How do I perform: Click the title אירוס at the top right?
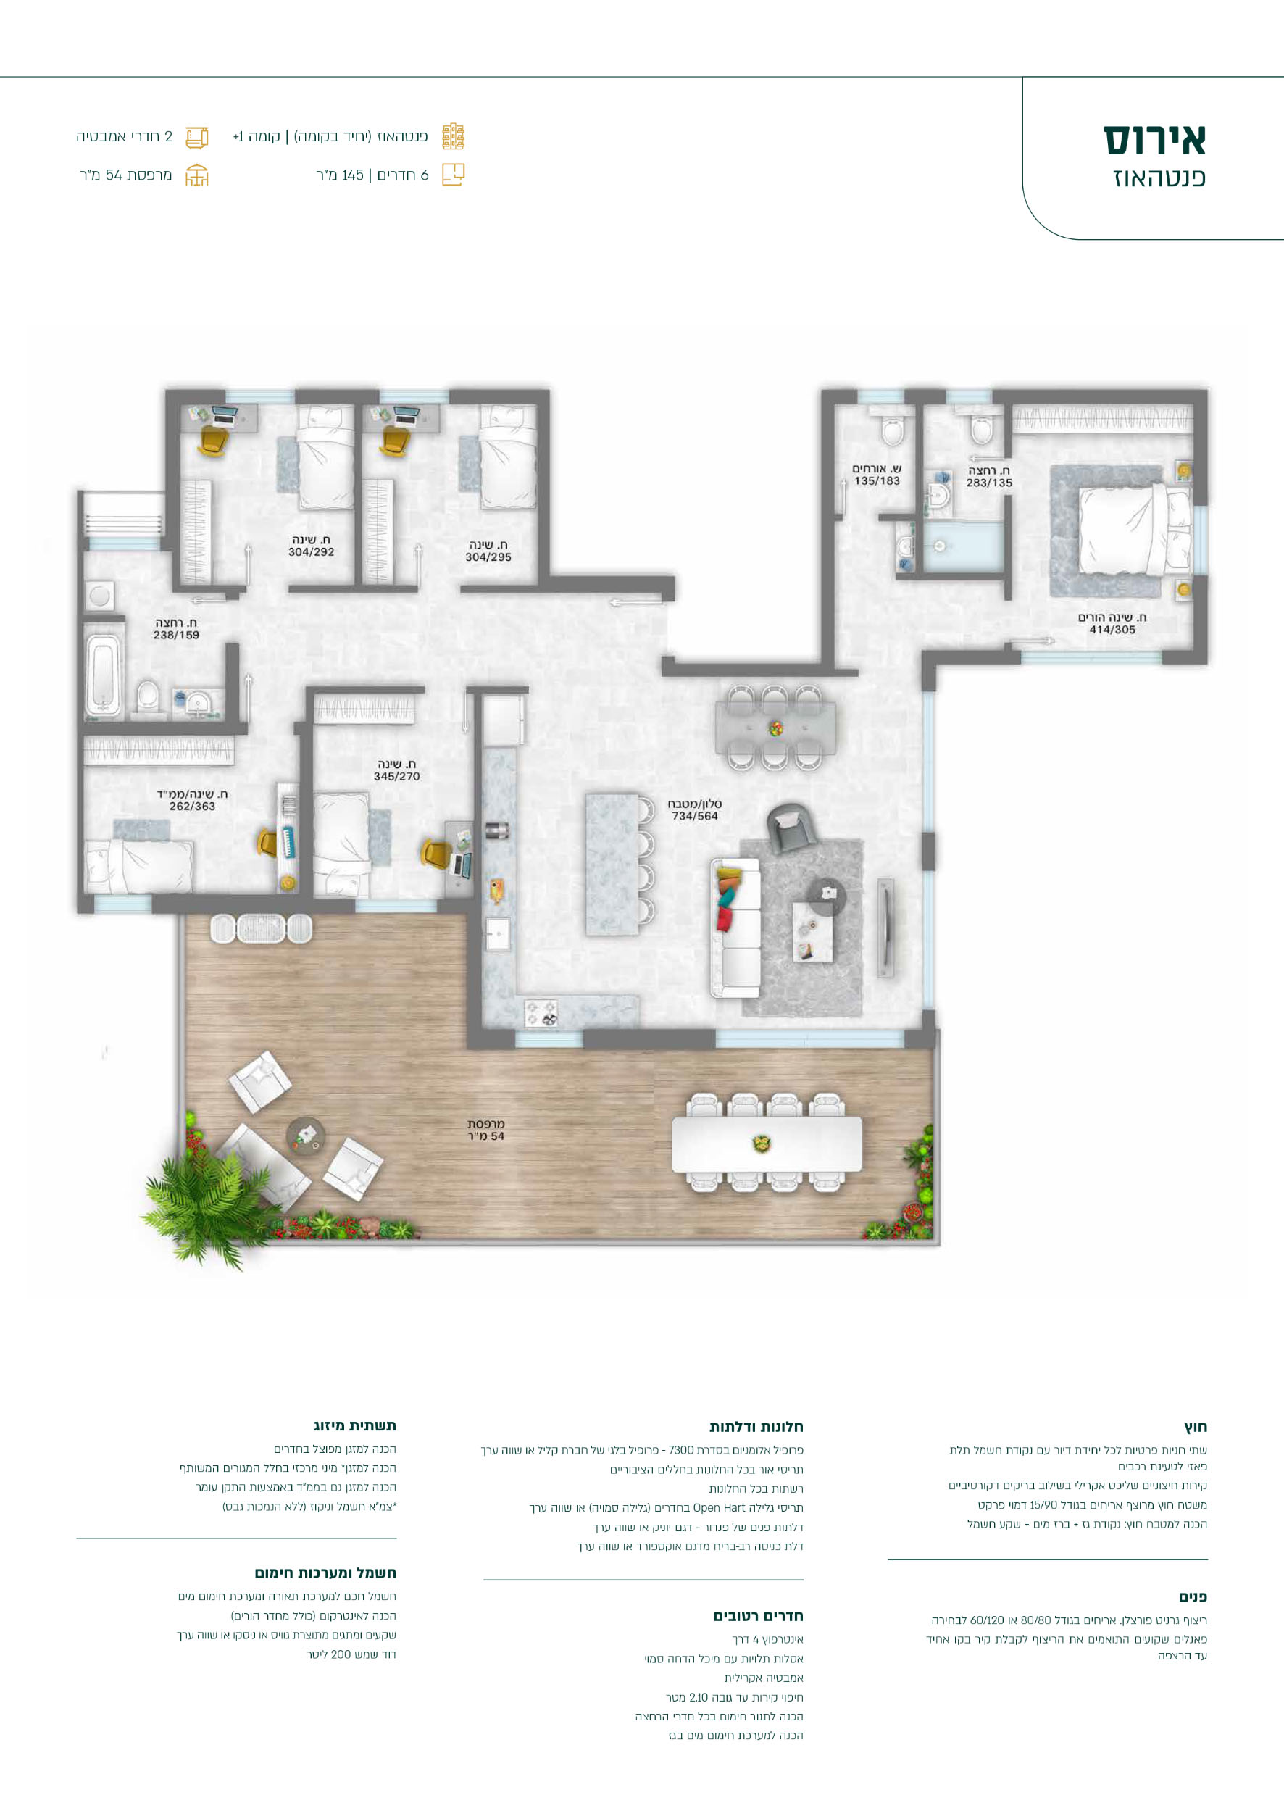1154,140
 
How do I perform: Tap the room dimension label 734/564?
695,816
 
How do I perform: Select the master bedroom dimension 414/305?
1112,630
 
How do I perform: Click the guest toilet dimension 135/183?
877,481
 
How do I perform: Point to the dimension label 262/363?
192,806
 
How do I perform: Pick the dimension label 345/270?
397,777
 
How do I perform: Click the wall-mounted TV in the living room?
885,927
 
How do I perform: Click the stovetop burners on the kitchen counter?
541,1013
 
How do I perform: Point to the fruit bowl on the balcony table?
762,1143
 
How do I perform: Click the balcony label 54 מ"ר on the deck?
485,1136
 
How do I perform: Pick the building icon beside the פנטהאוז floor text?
453,137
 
